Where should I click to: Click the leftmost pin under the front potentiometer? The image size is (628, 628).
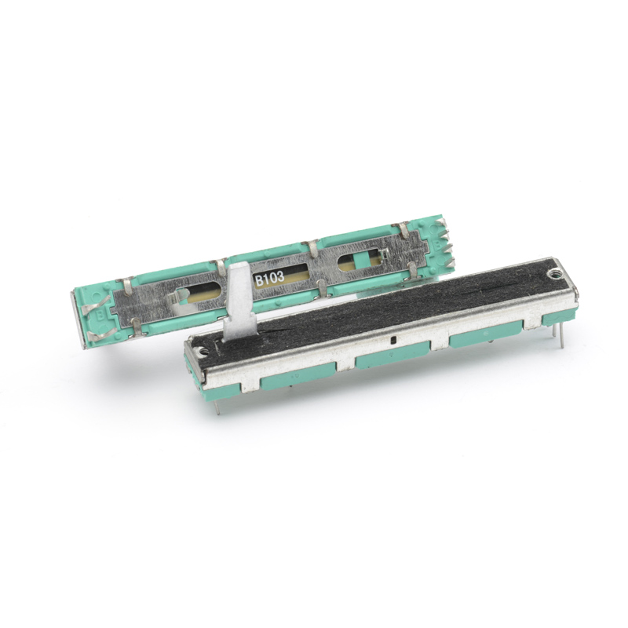click(216, 405)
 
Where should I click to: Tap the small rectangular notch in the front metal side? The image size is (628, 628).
click(391, 341)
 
